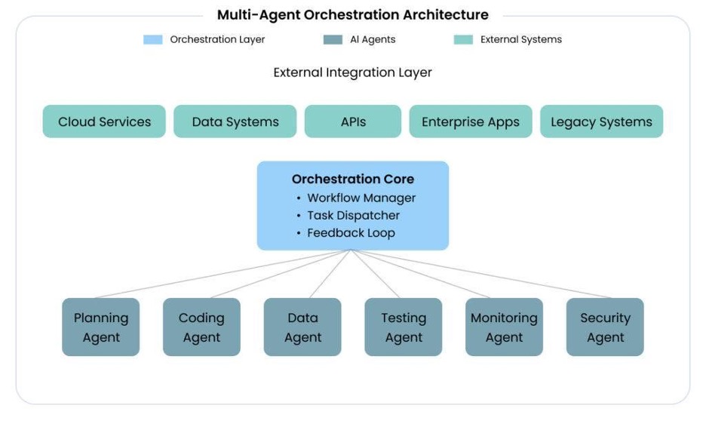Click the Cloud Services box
104,121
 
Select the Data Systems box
235,121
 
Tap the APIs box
353,121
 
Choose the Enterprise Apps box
471,121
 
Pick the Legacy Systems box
602,121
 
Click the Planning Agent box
101,327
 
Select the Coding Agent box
201,327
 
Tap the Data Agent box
302,327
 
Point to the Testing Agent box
404,327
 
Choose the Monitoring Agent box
505,327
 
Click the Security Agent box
605,327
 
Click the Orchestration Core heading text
353,179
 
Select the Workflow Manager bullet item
356,198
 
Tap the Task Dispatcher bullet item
348,216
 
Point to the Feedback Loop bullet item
345,233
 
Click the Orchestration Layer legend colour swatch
153,40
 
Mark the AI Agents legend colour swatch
333,40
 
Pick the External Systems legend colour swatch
463,40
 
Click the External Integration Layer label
352,72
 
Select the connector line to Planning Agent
223,274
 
